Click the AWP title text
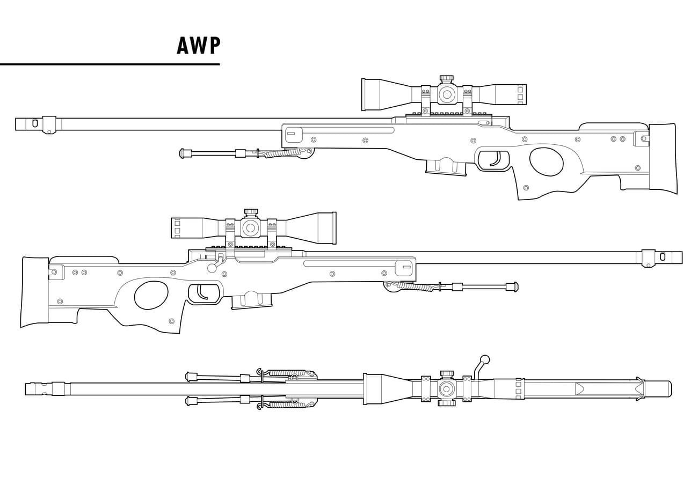point(198,46)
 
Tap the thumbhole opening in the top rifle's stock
point(546,161)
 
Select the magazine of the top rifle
point(445,167)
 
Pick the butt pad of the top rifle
point(663,158)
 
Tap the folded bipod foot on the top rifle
point(186,153)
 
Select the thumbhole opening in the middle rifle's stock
point(151,296)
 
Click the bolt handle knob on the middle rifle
point(213,267)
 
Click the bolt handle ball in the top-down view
point(484,359)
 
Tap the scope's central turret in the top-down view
point(446,388)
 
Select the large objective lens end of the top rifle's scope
point(370,95)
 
